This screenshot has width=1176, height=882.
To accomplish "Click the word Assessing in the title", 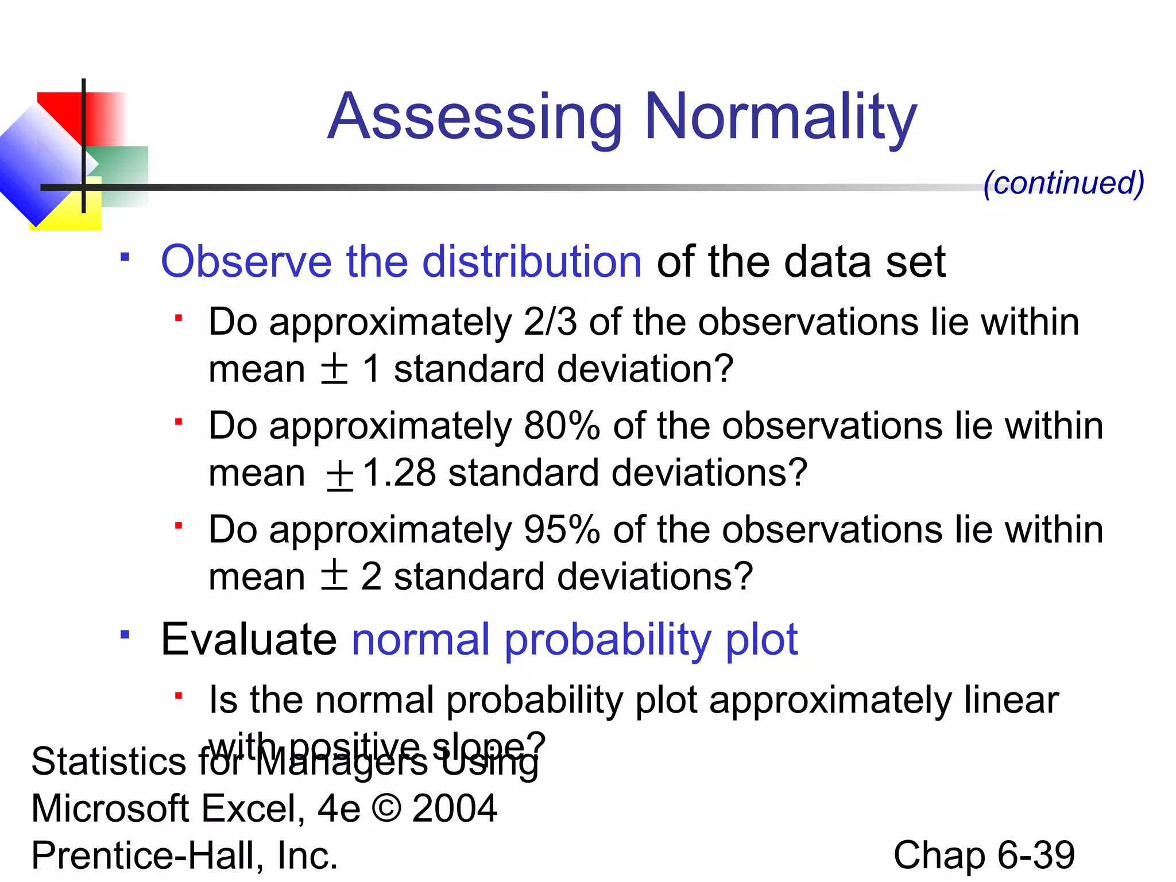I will coord(475,118).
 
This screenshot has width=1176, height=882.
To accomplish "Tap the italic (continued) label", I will coord(1063,183).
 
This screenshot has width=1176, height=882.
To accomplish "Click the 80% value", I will coord(562,426).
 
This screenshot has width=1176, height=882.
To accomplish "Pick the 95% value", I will coord(562,529).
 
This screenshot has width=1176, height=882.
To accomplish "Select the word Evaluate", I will coord(249,639).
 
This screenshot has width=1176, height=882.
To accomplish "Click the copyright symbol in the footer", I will coord(386,808).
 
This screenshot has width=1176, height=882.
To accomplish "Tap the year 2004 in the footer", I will coord(454,808).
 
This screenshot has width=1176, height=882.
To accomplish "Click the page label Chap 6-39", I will coord(984,855).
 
